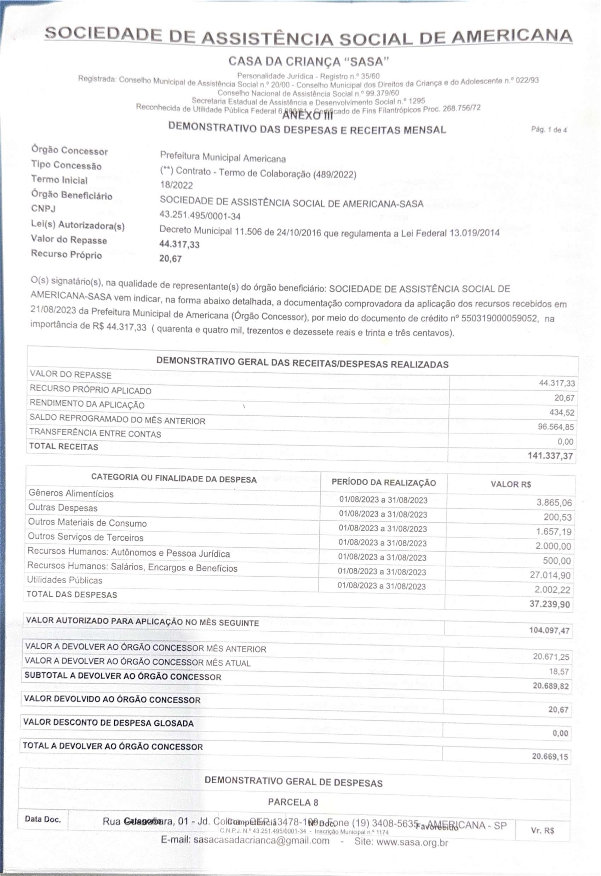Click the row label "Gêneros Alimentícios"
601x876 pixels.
[71, 493]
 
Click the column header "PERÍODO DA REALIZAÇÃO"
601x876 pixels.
[384, 483]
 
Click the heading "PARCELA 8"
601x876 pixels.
[293, 802]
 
